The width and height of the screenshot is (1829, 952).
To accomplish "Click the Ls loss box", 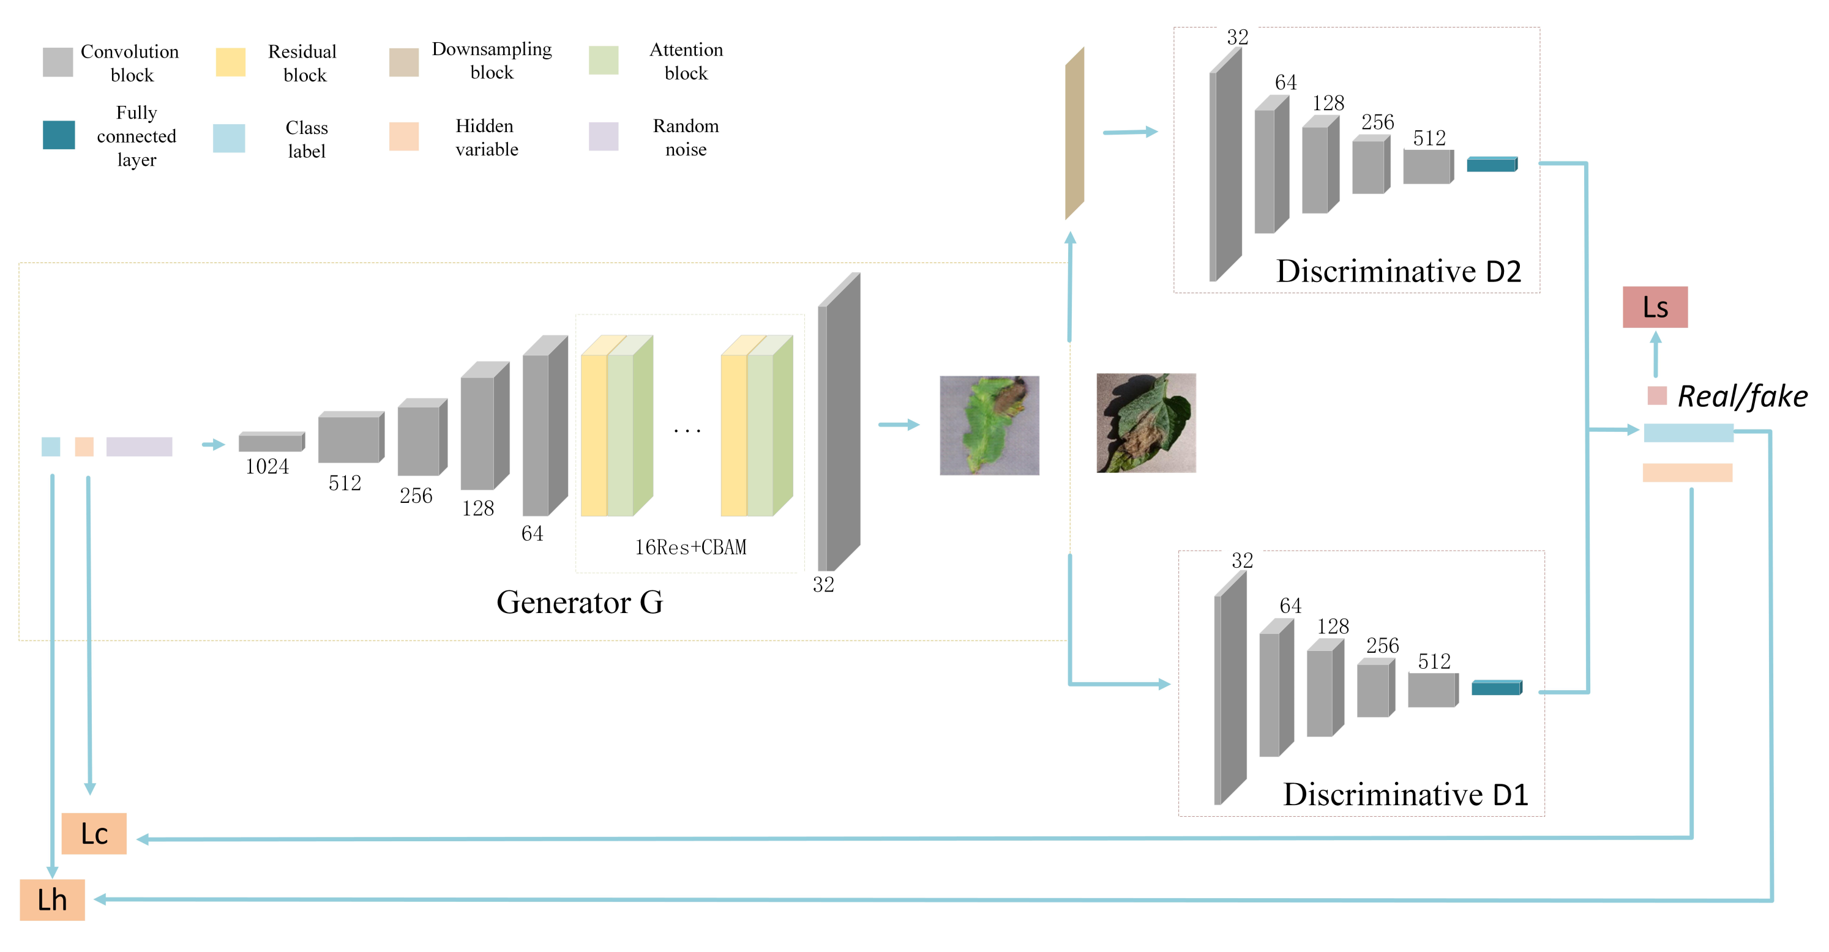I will point(1655,307).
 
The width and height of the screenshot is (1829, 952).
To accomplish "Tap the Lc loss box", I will point(94,833).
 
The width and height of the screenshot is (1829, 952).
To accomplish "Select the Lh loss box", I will point(52,899).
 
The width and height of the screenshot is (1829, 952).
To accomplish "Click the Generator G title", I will point(580,602).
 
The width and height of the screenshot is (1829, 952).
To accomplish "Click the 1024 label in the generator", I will point(267,466).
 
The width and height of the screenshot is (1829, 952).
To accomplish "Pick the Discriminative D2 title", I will point(1398,271).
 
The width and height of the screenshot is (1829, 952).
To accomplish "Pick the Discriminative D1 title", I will point(1405,794).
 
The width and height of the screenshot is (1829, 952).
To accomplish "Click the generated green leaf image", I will point(989,425).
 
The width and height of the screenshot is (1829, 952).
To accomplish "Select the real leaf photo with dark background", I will point(1146,423).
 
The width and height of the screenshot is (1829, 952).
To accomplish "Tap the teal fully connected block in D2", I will point(1492,164).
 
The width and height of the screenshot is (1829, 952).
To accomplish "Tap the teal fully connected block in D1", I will point(1497,687).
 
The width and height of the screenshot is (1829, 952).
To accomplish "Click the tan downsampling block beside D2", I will point(1074,133).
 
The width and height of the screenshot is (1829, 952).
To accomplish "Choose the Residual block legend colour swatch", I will point(231,62).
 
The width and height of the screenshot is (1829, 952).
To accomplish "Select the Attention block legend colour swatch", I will point(604,61).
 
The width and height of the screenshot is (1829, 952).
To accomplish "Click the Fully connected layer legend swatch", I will point(59,135).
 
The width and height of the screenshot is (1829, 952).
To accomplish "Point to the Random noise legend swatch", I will point(604,136).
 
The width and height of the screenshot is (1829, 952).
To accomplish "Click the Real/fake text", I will point(1742,396).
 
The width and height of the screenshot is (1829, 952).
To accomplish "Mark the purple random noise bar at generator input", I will point(139,447).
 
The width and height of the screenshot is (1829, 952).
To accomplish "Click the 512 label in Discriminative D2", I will point(1429,138).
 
